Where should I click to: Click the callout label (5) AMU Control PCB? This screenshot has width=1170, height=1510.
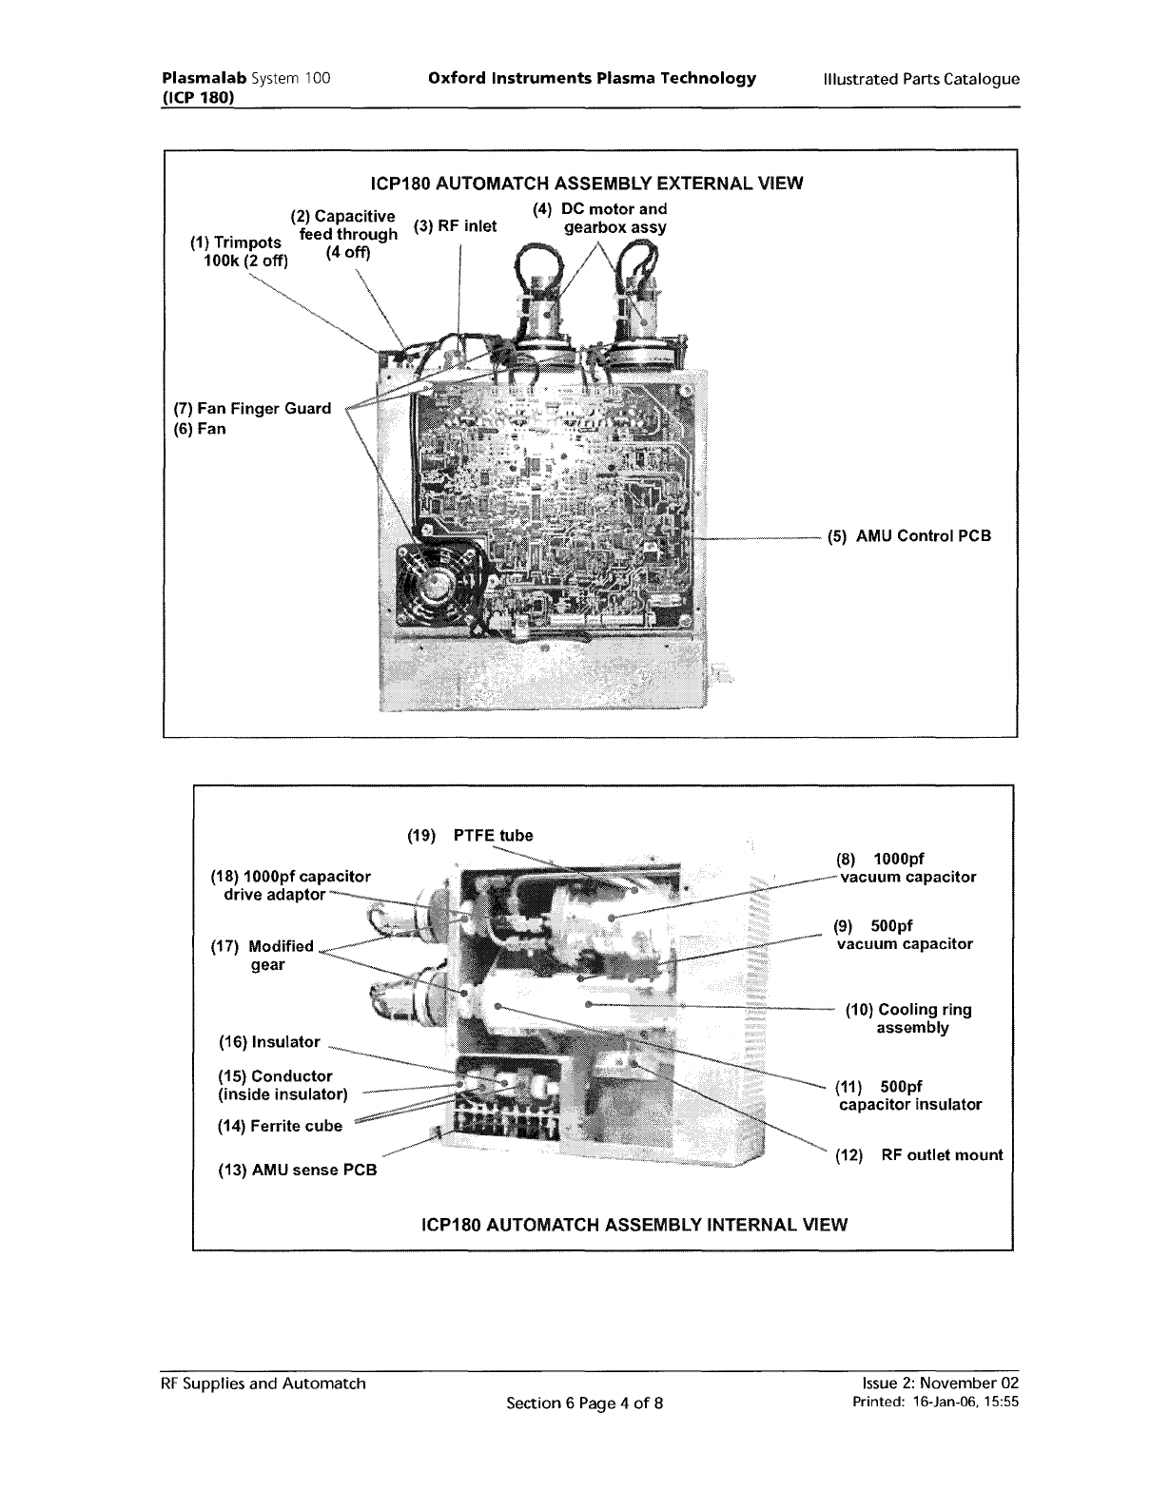tap(908, 536)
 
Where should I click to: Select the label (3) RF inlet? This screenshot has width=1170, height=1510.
tap(456, 226)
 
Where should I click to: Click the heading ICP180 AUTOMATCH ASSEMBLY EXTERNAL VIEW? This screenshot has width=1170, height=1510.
tap(585, 184)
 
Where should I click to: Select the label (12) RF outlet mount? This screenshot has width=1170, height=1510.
tap(918, 1155)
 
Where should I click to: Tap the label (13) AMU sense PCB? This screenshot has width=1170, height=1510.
tap(298, 1170)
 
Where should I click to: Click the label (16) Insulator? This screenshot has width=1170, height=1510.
tap(269, 1042)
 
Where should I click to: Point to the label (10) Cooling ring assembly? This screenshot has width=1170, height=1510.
tap(908, 1018)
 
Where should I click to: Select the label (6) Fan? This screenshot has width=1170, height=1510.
tap(200, 429)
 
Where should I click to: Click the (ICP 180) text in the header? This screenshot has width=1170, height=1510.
tap(197, 97)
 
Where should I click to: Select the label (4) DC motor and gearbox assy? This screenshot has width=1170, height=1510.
tap(600, 218)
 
